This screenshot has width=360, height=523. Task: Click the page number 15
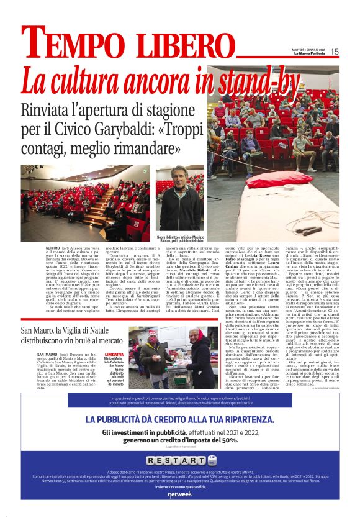coord(335,52)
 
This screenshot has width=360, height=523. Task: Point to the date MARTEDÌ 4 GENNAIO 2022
coord(308,50)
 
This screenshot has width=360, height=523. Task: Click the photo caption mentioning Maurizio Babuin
coord(179,239)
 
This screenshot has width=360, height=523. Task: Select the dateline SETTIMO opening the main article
coord(53,247)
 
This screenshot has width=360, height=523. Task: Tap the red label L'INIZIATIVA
coord(113,354)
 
